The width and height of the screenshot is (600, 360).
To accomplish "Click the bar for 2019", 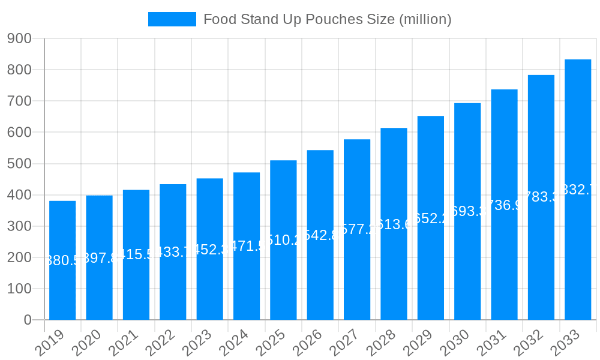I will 62,260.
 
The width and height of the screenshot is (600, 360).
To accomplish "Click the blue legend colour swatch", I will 172,19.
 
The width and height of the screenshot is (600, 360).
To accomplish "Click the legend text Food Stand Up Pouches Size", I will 327,19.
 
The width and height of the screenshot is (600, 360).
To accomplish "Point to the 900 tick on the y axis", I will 20,38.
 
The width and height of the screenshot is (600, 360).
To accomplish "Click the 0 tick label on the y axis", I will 28,320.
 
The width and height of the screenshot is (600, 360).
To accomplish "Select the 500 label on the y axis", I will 20,164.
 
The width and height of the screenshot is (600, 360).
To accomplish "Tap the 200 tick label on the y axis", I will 20,257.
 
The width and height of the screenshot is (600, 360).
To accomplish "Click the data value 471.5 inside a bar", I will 247,246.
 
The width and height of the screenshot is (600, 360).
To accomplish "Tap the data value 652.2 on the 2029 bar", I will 431,218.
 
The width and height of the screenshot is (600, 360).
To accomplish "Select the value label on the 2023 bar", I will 210,249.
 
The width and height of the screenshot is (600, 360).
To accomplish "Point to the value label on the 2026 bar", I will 320,235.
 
